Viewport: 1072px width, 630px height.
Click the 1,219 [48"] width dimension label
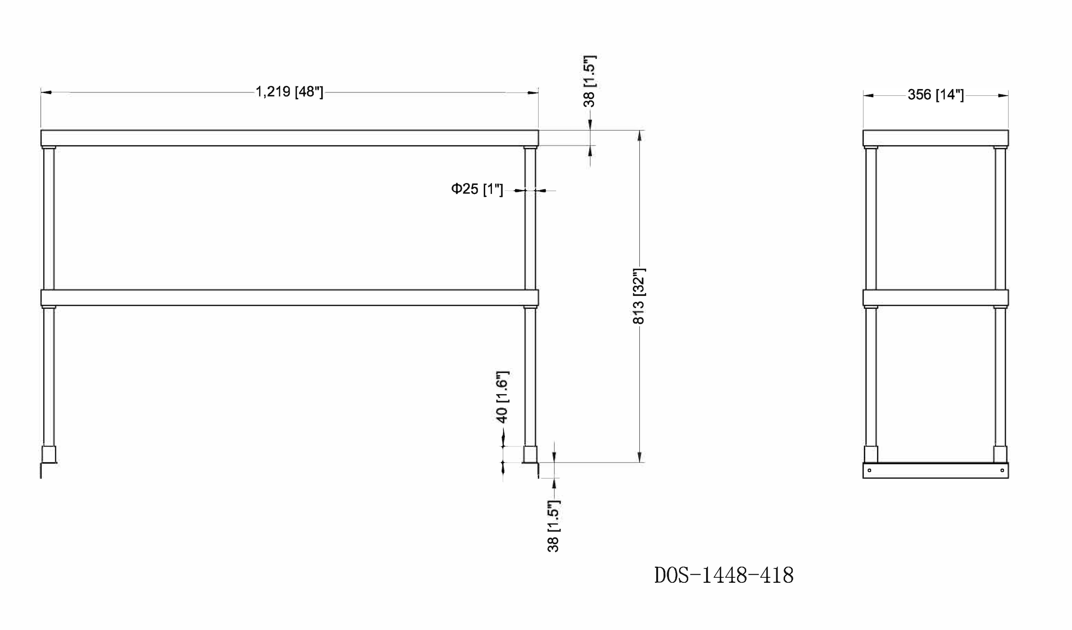click(289, 92)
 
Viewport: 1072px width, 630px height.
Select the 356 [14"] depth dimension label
click(936, 95)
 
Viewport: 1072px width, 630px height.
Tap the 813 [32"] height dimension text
click(639, 296)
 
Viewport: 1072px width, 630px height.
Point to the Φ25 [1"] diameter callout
click(477, 189)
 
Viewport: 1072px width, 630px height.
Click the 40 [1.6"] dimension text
click(502, 397)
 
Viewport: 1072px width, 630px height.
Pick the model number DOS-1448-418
click(724, 575)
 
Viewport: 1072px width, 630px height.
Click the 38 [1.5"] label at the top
click(589, 81)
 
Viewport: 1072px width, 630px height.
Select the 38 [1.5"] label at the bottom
click(553, 526)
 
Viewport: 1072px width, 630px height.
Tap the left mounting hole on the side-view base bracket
click(869, 470)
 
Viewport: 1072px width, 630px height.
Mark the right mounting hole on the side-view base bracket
click(1002, 470)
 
